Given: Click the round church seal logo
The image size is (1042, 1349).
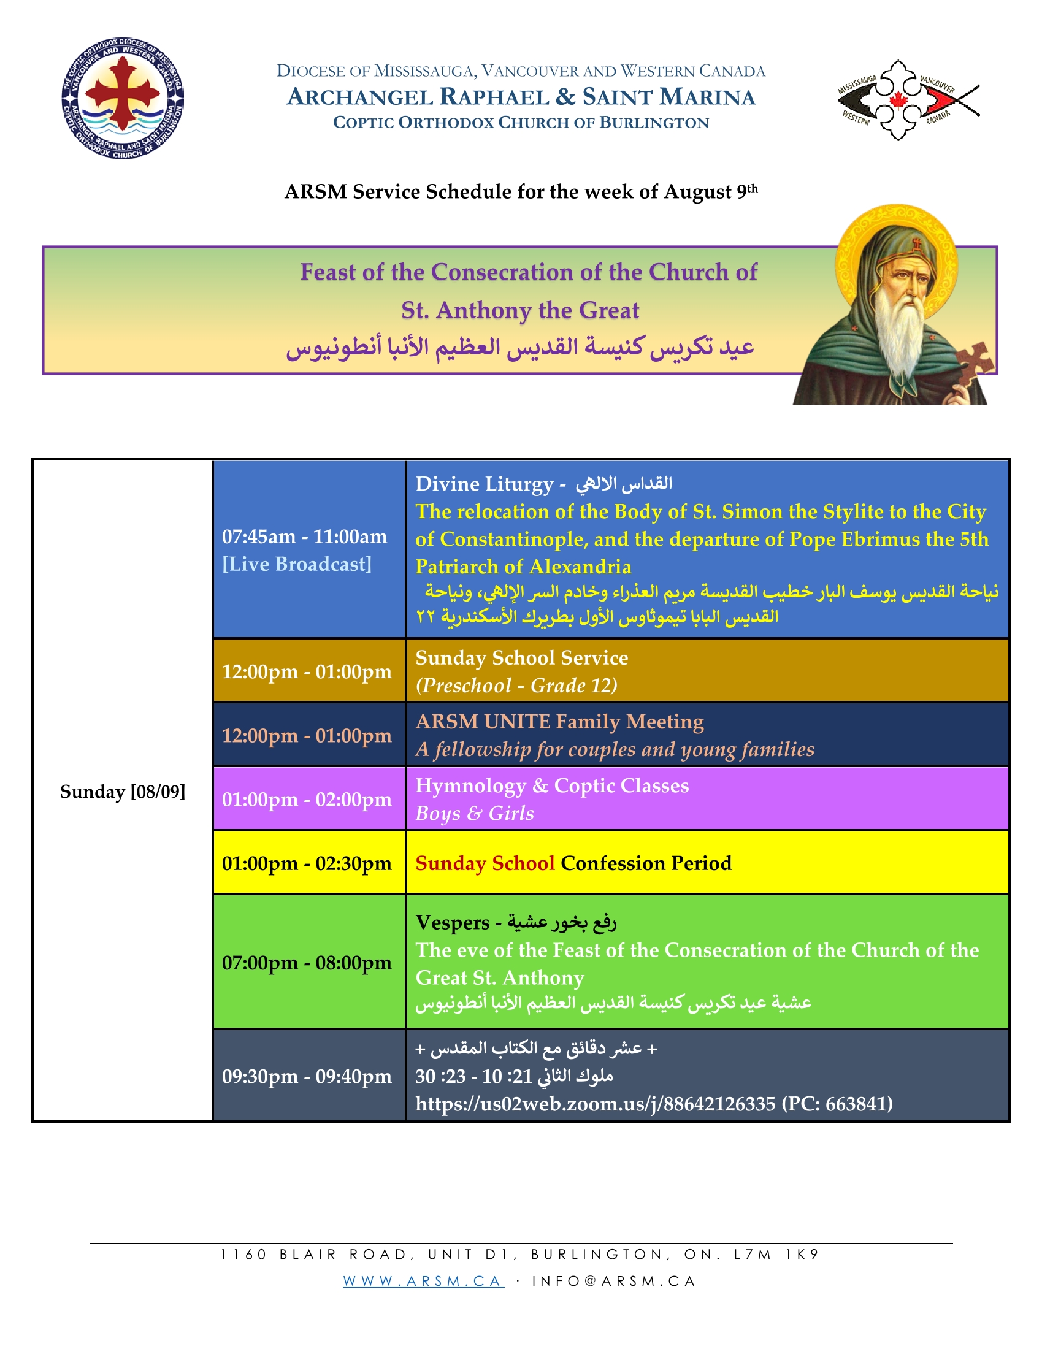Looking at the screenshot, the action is (123, 98).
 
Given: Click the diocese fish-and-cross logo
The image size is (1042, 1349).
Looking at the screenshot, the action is (908, 100).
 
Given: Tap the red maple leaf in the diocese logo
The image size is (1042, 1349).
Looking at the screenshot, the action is (896, 100).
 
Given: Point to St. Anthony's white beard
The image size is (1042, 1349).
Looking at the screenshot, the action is (902, 324).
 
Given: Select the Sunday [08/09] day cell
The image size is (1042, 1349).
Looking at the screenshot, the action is (122, 791).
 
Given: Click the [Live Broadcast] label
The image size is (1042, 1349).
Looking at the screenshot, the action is (296, 564).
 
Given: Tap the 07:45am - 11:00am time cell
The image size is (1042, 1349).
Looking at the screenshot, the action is (309, 549).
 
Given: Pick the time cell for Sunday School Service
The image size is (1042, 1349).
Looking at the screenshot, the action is (309, 671).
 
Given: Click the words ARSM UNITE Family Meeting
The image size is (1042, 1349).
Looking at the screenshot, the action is (559, 722).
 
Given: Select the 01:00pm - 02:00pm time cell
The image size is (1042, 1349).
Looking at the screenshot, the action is (309, 798).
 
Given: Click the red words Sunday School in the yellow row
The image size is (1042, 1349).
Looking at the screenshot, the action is (485, 863).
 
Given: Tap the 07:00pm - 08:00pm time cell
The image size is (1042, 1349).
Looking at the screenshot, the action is (309, 961).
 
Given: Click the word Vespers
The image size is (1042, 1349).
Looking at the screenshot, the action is (452, 923).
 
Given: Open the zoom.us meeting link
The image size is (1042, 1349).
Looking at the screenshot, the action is (595, 1103).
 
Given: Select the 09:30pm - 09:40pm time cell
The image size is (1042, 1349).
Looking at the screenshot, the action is (309, 1076).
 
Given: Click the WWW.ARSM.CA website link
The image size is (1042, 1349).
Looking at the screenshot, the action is (424, 1281).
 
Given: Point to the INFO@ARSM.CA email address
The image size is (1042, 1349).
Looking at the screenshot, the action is (614, 1281).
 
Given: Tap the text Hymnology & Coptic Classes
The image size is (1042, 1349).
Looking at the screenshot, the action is (552, 785).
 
